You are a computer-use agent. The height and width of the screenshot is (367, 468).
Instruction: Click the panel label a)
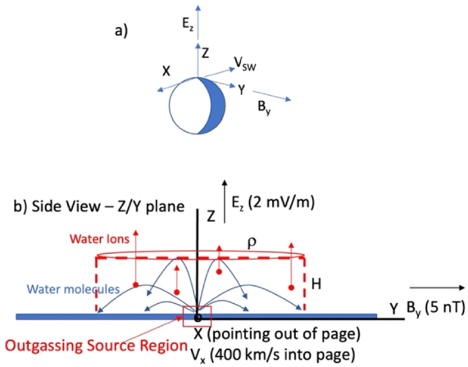pos(121,31)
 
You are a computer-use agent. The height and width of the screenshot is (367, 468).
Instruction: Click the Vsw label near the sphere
pos(245,64)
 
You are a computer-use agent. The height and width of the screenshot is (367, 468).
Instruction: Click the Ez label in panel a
pos(188,25)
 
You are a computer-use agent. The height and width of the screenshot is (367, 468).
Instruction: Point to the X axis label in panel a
pos(166,71)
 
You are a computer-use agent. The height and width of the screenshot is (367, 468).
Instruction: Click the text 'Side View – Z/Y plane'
pos(108,206)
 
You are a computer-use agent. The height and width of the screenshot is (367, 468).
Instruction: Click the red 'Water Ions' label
pos(99,239)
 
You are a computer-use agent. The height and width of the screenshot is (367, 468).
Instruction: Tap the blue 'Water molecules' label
pos(74,289)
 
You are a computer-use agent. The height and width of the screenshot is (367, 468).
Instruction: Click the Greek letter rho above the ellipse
pos(252,242)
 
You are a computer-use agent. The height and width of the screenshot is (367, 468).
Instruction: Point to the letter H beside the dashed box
pos(316,283)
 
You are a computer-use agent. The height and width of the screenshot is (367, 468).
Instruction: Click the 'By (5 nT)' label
pos(436,308)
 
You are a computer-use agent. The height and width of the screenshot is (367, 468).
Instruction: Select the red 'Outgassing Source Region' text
pos(96,346)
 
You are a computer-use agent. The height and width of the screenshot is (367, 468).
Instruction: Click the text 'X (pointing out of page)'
pos(277,334)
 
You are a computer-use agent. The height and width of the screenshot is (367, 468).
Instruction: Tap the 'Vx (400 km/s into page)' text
pos(273,355)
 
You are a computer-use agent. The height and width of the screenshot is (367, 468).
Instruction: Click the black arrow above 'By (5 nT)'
pos(437,288)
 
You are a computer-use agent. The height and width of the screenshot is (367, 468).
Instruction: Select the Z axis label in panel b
pos(211,216)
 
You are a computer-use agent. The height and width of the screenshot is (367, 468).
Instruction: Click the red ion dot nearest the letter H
pos(291,288)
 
